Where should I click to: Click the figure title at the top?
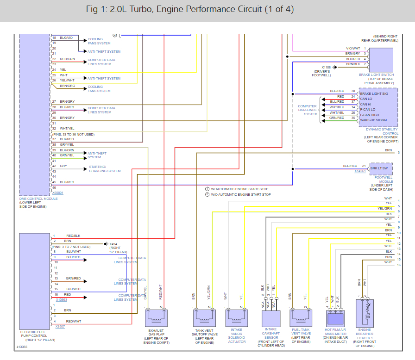[189, 10]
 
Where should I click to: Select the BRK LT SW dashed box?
[381, 168]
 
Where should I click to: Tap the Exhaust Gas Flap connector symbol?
[157, 318]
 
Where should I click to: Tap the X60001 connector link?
[57, 192]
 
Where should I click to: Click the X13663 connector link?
[61, 299]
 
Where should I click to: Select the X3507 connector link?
[60, 327]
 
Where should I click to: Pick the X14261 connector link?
[360, 171]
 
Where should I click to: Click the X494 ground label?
[113, 243]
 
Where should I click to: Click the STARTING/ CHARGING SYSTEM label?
[105, 168]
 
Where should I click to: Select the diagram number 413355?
[22, 346]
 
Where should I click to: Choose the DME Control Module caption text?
[38, 199]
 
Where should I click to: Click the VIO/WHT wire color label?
[353, 48]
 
